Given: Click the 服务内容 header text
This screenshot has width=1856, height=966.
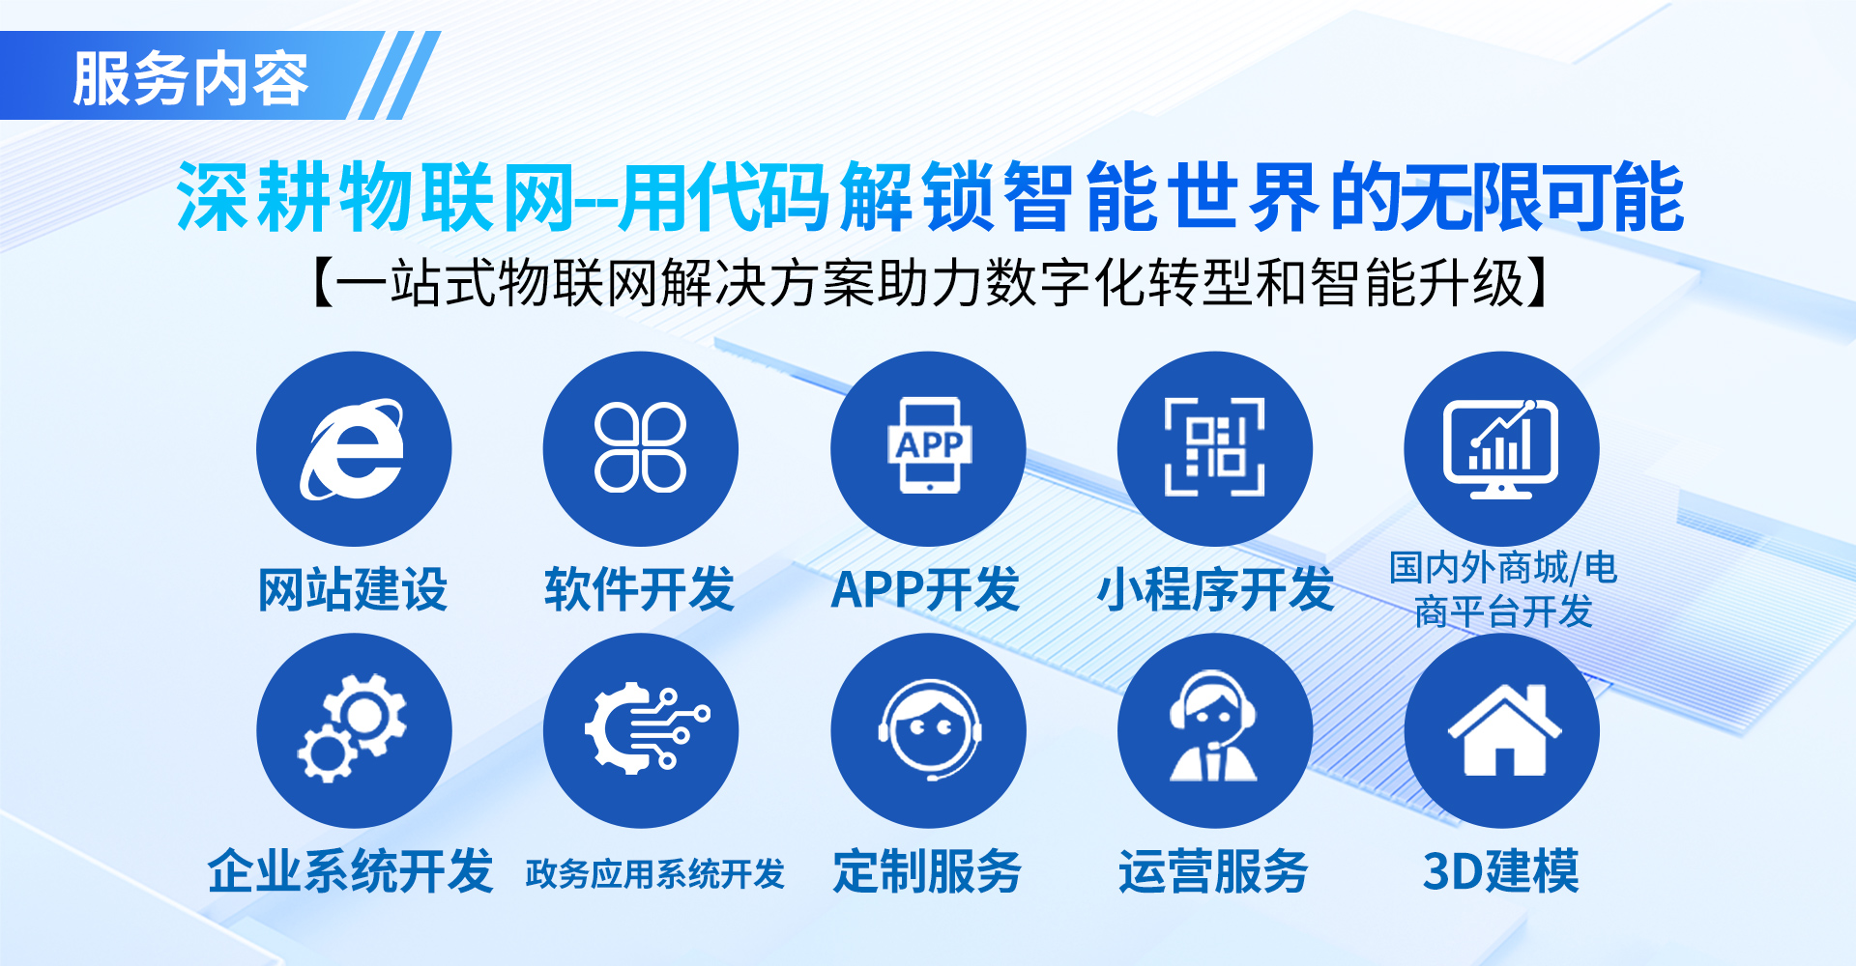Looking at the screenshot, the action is (x=190, y=78).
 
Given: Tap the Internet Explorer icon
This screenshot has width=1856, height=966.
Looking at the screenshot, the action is (x=353, y=449).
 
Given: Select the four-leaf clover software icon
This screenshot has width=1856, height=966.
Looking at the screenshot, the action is (x=640, y=447).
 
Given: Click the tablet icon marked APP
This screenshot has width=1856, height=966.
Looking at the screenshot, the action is (x=929, y=445).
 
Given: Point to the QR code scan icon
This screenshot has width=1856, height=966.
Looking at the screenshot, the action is (x=1215, y=446).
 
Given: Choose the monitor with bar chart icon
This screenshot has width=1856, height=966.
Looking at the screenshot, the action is (x=1501, y=448).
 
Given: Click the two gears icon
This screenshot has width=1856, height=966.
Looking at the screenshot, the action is (x=353, y=728).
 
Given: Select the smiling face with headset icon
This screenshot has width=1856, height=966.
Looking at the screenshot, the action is (x=929, y=730).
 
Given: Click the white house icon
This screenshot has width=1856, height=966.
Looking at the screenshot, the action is (x=1504, y=729).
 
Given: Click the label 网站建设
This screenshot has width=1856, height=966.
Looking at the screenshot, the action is (x=353, y=589).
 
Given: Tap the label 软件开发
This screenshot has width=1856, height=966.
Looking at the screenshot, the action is (x=640, y=589).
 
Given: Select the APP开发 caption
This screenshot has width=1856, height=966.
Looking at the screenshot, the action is (x=926, y=589).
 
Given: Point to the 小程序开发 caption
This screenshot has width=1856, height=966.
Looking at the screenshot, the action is (x=1215, y=589).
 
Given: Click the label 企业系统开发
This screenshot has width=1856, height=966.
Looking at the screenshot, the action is (x=351, y=871).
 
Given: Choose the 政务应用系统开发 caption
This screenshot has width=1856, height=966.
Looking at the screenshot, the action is (x=654, y=874).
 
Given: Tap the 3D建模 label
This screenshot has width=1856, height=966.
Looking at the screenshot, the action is (x=1501, y=871).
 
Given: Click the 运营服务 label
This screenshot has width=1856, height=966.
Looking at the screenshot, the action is (x=1214, y=871).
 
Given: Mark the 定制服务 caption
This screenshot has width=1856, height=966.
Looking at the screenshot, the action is (x=927, y=871).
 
